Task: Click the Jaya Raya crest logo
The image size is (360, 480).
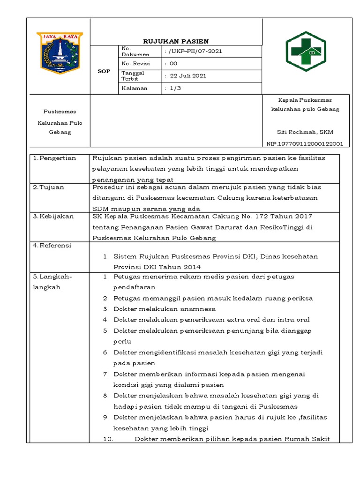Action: (60, 52)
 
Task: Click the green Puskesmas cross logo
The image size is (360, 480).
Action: (306, 52)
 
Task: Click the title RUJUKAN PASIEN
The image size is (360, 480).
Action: (176, 41)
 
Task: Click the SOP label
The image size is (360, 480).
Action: (104, 71)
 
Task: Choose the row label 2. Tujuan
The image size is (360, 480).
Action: (49, 187)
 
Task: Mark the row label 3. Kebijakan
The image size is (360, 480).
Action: (53, 216)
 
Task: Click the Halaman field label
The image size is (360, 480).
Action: (135, 88)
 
